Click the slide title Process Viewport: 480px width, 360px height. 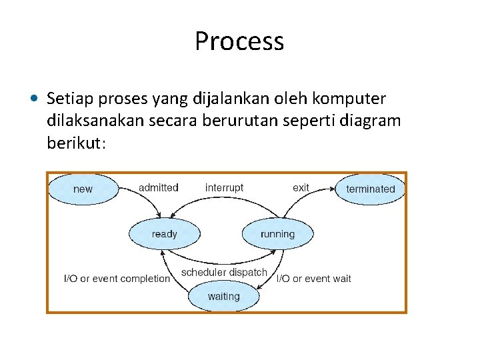point(239,41)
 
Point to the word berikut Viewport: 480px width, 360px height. point(75,143)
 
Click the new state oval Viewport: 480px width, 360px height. point(83,189)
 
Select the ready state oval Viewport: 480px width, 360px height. point(164,234)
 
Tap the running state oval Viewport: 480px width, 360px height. point(277,234)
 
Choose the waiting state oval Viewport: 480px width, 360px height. point(223,296)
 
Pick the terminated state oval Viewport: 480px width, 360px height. point(370,189)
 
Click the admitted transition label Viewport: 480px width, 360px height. point(158,187)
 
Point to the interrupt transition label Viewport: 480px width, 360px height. point(224,187)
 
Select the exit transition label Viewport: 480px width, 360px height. point(301,187)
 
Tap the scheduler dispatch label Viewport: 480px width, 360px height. point(224,272)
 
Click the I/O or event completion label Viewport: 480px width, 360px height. point(117,278)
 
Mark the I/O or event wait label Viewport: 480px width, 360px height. point(314,278)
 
